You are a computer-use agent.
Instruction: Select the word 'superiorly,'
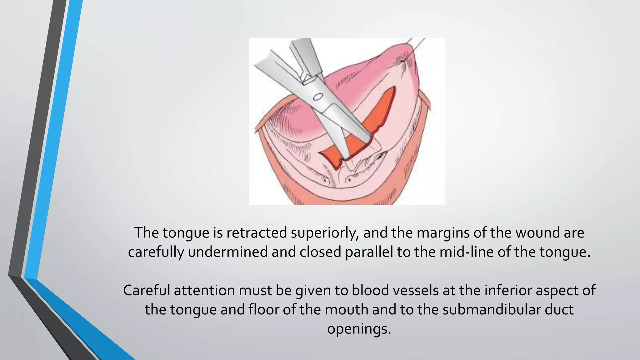[325, 233]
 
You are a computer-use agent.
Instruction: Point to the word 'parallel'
[369, 252]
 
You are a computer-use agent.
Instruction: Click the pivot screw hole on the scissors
[318, 97]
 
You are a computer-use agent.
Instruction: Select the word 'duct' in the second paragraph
[561, 310]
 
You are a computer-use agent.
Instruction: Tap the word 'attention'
[204, 290]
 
